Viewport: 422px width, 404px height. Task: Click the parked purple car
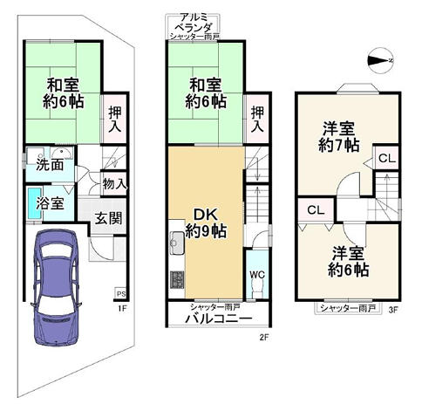[55, 287]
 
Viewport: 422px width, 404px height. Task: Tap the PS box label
[121, 294]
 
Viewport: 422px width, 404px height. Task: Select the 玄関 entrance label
[108, 218]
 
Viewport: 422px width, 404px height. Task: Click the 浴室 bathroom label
[50, 202]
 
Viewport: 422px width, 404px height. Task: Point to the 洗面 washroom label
[50, 165]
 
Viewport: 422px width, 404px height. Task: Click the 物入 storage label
[114, 184]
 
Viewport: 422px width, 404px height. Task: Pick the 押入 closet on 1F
[115, 120]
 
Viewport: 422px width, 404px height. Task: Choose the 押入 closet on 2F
[257, 120]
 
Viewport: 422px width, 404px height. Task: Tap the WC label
[257, 274]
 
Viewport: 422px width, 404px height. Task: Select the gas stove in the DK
[177, 280]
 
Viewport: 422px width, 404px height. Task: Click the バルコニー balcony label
[219, 318]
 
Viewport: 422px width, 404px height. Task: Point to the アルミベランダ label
[195, 23]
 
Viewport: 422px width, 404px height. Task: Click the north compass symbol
[380, 60]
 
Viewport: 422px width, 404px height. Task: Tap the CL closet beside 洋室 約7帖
[387, 159]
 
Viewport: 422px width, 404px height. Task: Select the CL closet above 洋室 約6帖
[316, 210]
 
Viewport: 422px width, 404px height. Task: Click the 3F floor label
[393, 310]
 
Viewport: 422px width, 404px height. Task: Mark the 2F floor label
[263, 338]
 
